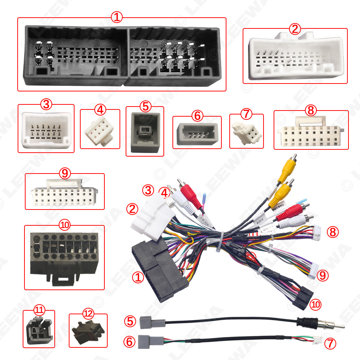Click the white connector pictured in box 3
(46, 130)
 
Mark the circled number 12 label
(87, 313)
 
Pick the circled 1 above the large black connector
(117, 17)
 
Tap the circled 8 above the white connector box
(310, 111)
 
